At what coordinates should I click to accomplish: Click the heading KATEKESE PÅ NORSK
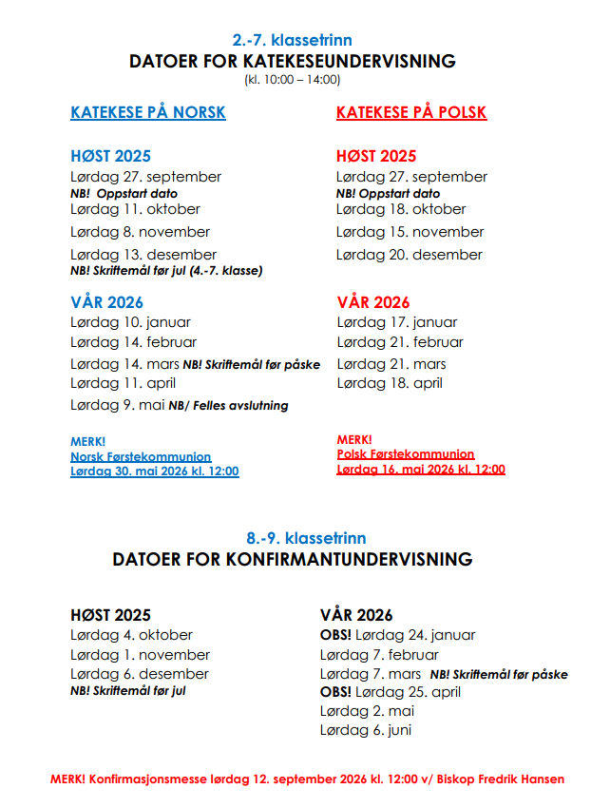click(x=148, y=112)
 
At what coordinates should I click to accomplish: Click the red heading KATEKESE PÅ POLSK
click(x=411, y=112)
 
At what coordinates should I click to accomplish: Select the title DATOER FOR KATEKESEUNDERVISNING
click(x=293, y=61)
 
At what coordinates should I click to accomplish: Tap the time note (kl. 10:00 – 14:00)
click(x=293, y=79)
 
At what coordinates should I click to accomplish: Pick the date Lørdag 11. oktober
click(x=135, y=209)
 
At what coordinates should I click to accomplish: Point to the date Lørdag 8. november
click(x=140, y=232)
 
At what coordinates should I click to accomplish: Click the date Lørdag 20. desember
click(x=410, y=255)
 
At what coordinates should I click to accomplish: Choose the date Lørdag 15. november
click(x=410, y=232)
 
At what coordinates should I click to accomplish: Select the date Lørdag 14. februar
click(x=134, y=342)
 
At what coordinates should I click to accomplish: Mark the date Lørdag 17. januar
click(x=397, y=322)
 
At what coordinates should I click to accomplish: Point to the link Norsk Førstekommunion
click(x=141, y=457)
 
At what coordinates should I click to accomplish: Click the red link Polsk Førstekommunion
click(x=406, y=454)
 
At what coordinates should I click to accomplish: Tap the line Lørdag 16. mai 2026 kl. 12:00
click(x=421, y=469)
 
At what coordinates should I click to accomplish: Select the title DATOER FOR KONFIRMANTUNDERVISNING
click(x=293, y=559)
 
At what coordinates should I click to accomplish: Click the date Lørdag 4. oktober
click(x=131, y=635)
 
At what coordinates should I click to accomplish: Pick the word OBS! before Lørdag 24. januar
click(x=336, y=635)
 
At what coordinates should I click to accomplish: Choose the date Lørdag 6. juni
click(x=366, y=730)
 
